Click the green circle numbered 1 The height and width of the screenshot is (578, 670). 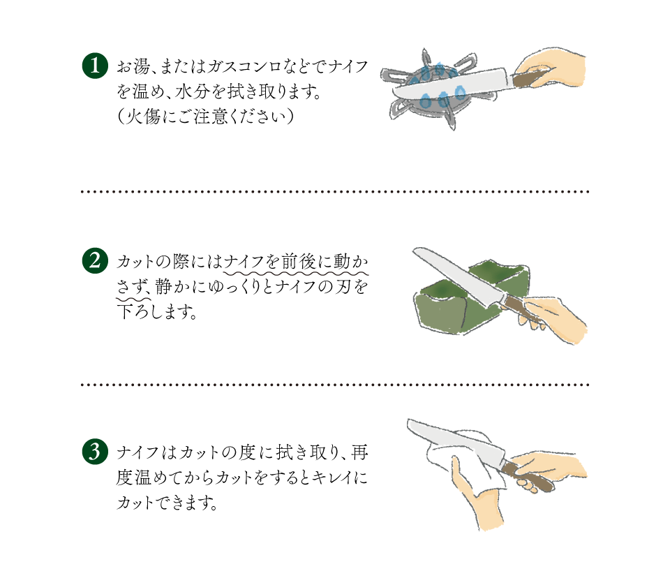(96, 67)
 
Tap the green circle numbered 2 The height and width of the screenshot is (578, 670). (96, 262)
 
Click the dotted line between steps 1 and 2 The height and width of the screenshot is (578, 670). (335, 191)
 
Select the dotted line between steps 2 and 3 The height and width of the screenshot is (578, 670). (335, 384)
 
